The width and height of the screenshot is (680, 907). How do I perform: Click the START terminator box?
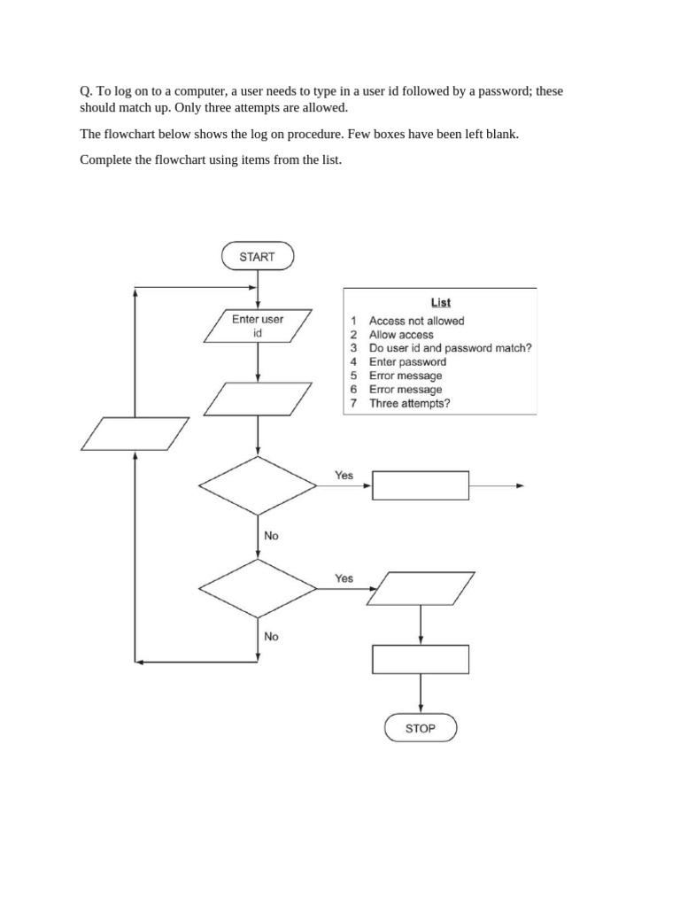click(257, 257)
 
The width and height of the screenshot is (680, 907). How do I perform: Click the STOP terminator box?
click(421, 728)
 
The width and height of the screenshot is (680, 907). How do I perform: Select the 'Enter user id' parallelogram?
click(258, 326)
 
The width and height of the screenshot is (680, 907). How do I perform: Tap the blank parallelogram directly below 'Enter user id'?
click(258, 399)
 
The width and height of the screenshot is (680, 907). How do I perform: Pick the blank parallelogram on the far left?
click(135, 434)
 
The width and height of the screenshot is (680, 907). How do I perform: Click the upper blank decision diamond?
click(258, 485)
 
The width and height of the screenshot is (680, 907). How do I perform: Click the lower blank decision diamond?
click(258, 588)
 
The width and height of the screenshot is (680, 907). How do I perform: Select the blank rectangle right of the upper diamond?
click(421, 485)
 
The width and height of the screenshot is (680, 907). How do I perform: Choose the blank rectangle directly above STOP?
click(421, 660)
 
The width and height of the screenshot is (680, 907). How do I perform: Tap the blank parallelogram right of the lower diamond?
click(421, 588)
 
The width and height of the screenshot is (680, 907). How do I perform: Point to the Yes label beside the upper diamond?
click(344, 476)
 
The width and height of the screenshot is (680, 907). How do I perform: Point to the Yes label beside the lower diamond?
click(344, 578)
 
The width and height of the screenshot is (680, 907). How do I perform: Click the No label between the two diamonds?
click(271, 536)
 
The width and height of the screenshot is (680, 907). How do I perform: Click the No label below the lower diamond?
click(271, 636)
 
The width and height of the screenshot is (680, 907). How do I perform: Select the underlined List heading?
click(440, 303)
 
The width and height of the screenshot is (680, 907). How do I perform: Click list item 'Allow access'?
click(401, 335)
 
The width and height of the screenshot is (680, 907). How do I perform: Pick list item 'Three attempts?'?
click(409, 403)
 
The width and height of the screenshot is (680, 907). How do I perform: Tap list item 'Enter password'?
click(407, 361)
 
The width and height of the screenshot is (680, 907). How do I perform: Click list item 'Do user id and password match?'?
click(450, 348)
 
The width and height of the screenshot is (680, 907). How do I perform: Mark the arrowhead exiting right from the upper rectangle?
click(520, 485)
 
